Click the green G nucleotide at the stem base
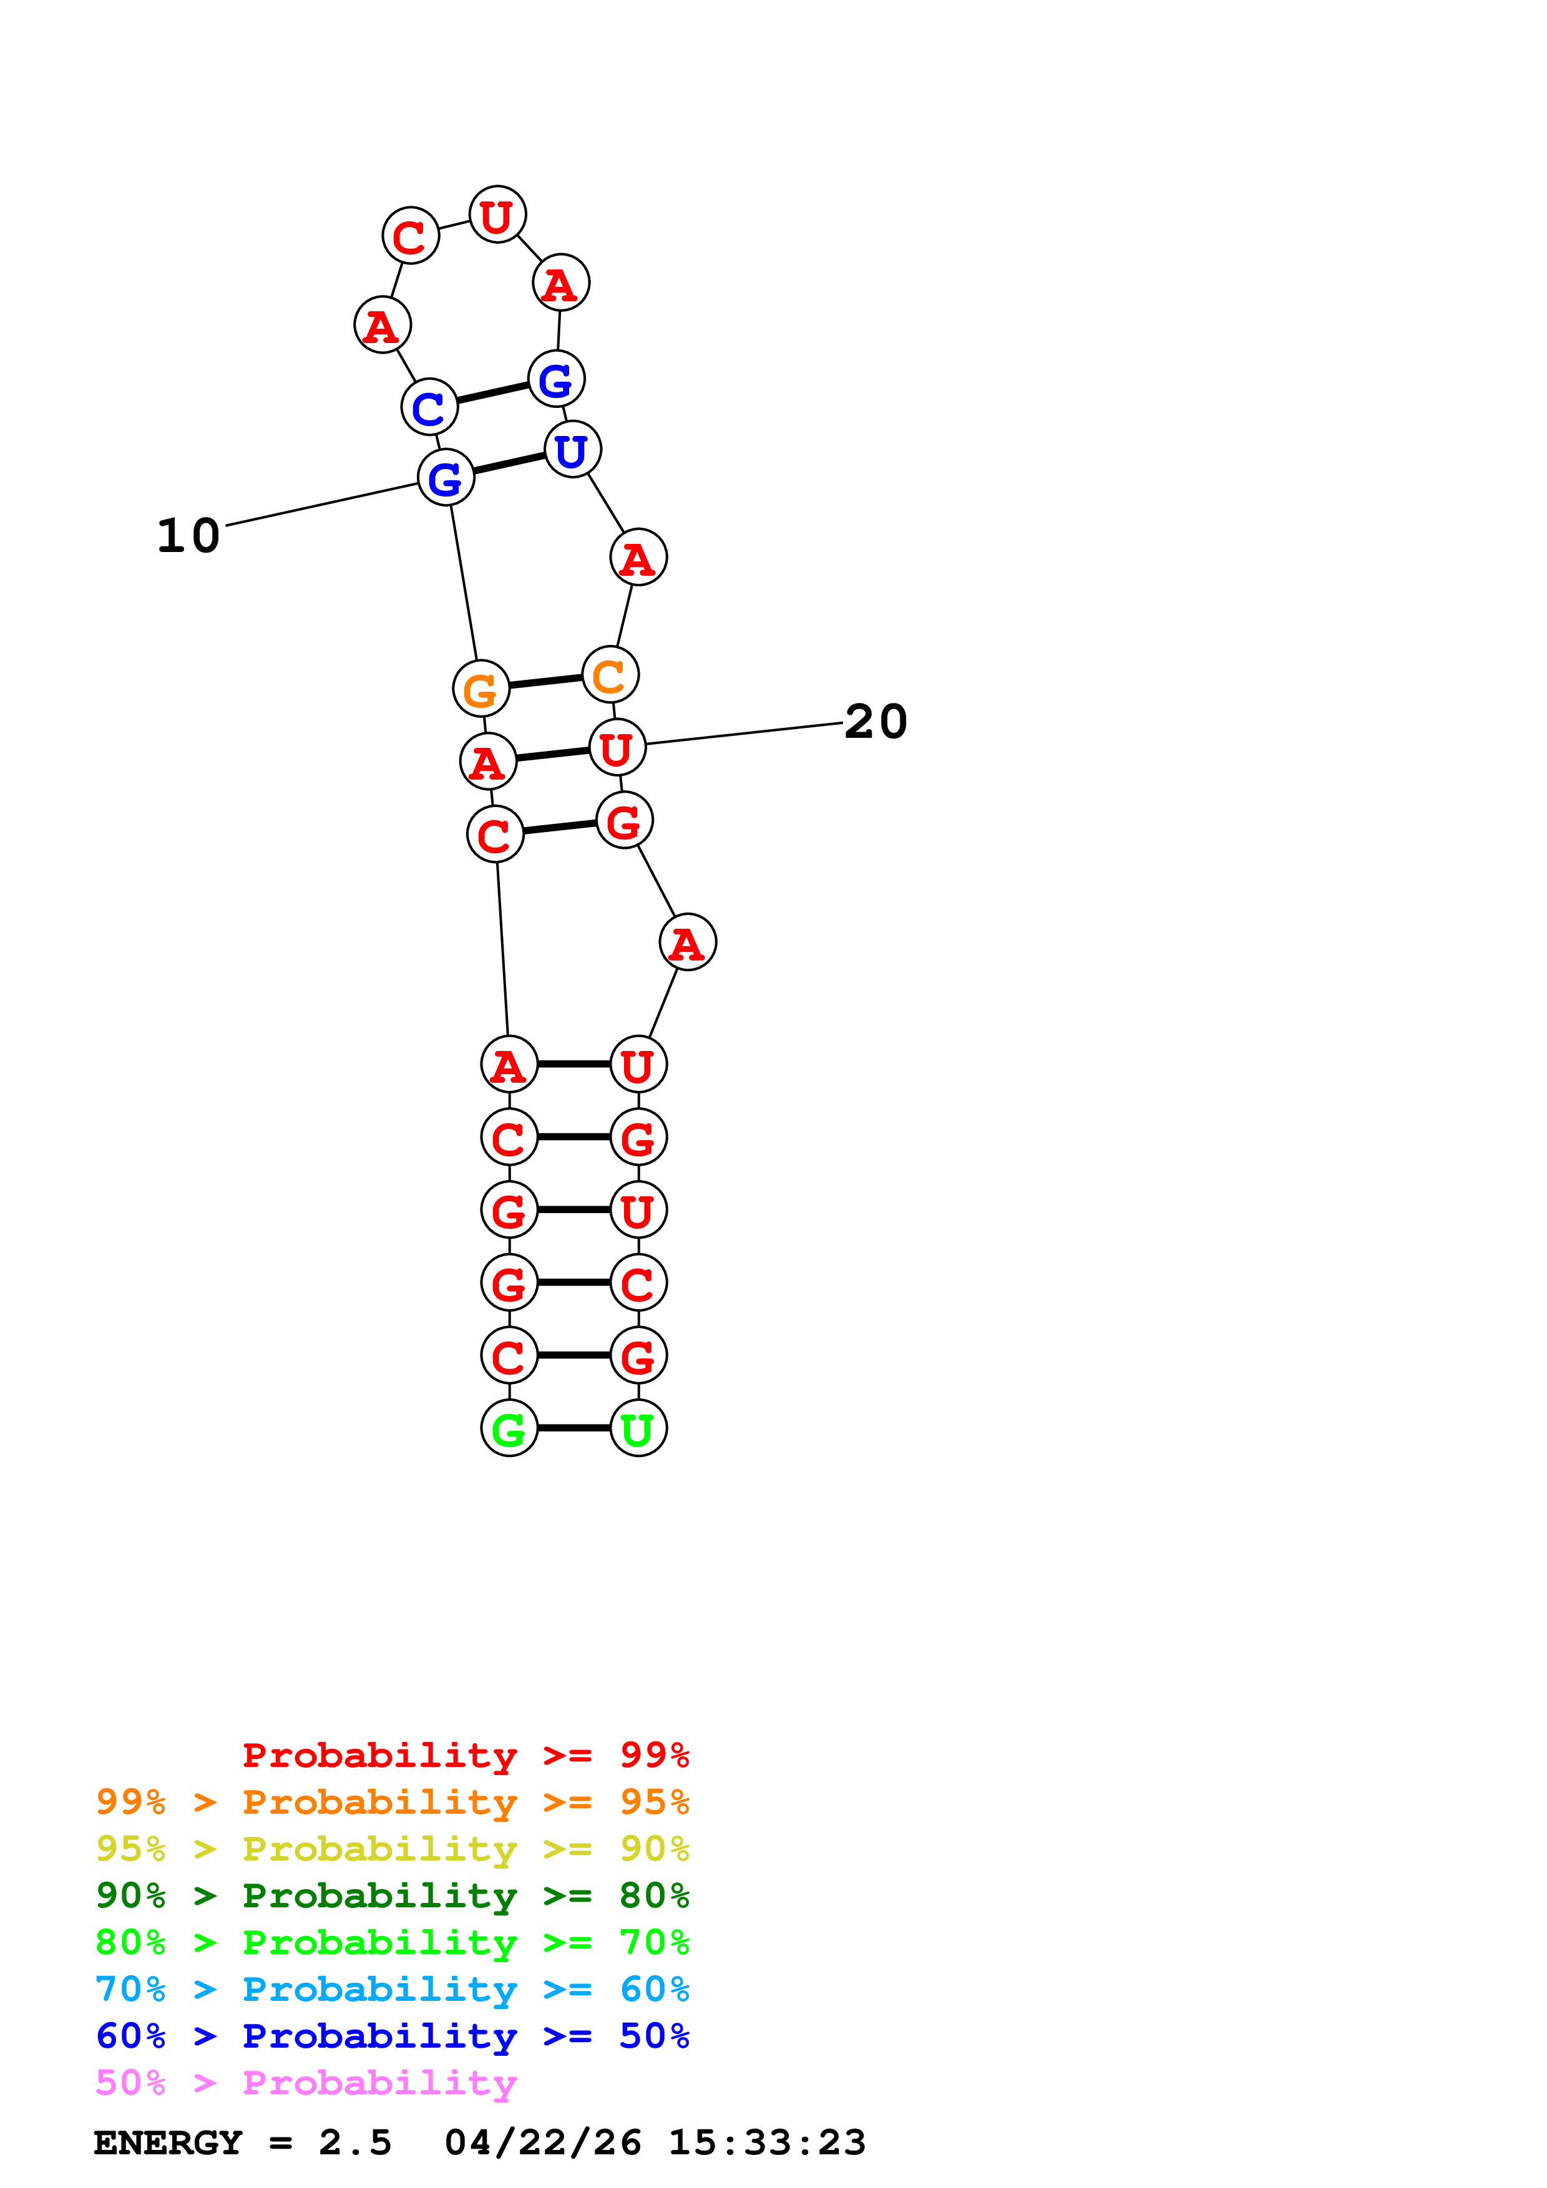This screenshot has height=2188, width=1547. pyautogui.click(x=509, y=1428)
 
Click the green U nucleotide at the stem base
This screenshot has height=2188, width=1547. pyautogui.click(x=638, y=1428)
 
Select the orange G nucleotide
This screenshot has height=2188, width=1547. pyautogui.click(x=481, y=689)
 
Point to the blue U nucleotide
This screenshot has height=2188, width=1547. pyautogui.click(x=572, y=450)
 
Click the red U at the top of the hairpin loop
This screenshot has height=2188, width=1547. pyautogui.click(x=497, y=215)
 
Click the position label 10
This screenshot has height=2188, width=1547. pyautogui.click(x=188, y=536)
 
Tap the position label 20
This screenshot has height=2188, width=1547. pyautogui.click(x=875, y=722)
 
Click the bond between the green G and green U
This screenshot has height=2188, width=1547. pyautogui.click(x=574, y=1428)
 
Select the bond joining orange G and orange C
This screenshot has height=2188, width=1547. pyautogui.click(x=545, y=681)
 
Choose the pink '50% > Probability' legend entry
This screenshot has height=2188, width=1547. pyautogui.click(x=305, y=2083)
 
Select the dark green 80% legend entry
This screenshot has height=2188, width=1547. pyautogui.click(x=392, y=1896)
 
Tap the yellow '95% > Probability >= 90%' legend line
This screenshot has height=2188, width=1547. pyautogui.click(x=392, y=1850)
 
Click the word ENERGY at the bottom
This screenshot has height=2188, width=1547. pyautogui.click(x=168, y=2143)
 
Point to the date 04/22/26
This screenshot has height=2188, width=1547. pyautogui.click(x=542, y=2143)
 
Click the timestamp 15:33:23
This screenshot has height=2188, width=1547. pyautogui.click(x=766, y=2143)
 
